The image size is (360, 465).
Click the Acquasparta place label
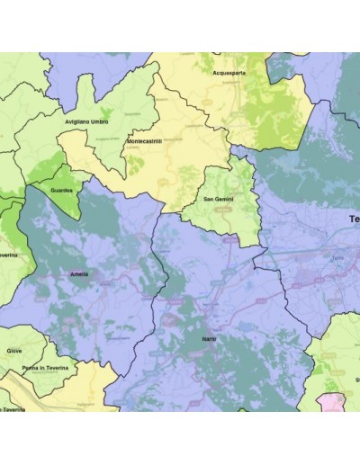(230, 73)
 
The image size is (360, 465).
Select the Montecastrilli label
(144, 142)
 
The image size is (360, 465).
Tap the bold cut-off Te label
(354, 219)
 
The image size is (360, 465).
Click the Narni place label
(209, 337)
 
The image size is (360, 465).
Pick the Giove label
(14, 352)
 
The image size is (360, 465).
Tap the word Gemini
(226, 199)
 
